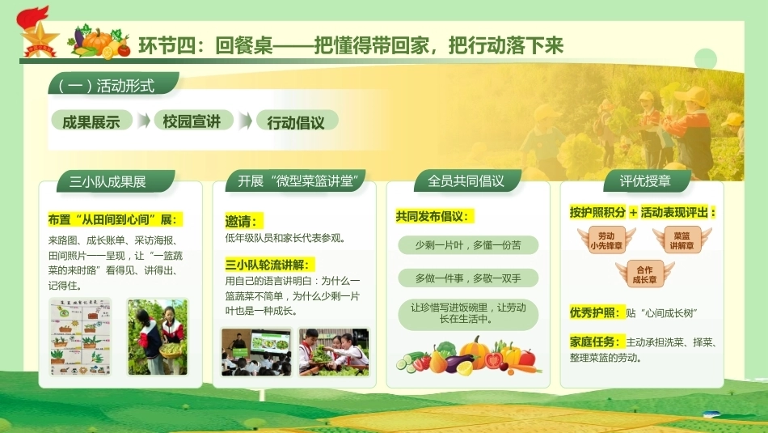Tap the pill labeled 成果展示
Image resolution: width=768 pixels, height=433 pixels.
coord(91,121)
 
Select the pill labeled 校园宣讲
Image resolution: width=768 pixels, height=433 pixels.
coord(192,121)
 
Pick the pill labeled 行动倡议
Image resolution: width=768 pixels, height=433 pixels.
coord(297,121)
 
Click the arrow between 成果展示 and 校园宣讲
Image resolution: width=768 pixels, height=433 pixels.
coord(143,121)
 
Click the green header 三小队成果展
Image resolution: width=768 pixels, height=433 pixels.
coord(116,181)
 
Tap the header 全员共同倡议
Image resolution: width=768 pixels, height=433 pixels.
coord(466,181)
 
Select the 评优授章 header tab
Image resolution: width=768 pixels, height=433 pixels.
coord(647,181)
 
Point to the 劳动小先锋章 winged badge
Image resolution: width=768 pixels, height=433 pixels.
coord(606,240)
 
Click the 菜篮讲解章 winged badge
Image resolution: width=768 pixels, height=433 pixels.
coord(682,240)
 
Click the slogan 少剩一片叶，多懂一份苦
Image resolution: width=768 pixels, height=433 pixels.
coord(468,244)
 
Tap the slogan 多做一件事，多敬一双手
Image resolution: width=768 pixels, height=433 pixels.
coord(468,278)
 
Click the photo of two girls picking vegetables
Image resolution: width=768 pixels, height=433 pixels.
coord(158,337)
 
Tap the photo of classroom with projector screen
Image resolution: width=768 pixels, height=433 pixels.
coord(256,352)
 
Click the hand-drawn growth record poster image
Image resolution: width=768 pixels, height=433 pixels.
coord(81,337)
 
